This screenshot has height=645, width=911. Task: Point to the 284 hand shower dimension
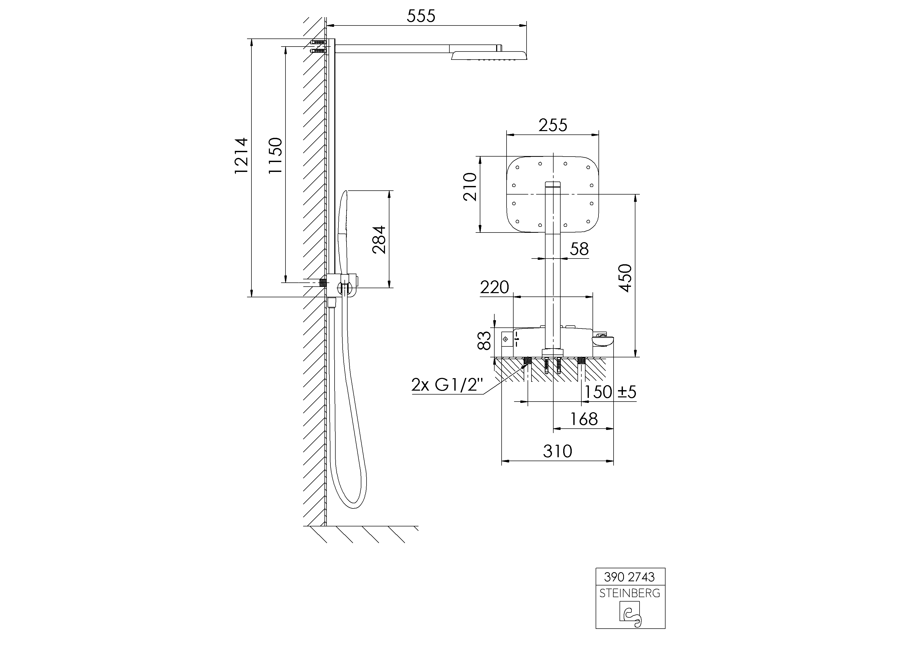point(379,240)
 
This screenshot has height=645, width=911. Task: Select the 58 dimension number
point(579,249)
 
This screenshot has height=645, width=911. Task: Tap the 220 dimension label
point(494,287)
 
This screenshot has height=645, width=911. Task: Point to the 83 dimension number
point(484,341)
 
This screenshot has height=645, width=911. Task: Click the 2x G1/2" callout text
point(447,385)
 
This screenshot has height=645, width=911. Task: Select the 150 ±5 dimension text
point(610,392)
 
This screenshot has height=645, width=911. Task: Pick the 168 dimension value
point(584,419)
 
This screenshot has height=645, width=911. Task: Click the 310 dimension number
point(557,451)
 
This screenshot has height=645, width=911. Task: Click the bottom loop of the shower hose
point(351,493)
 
